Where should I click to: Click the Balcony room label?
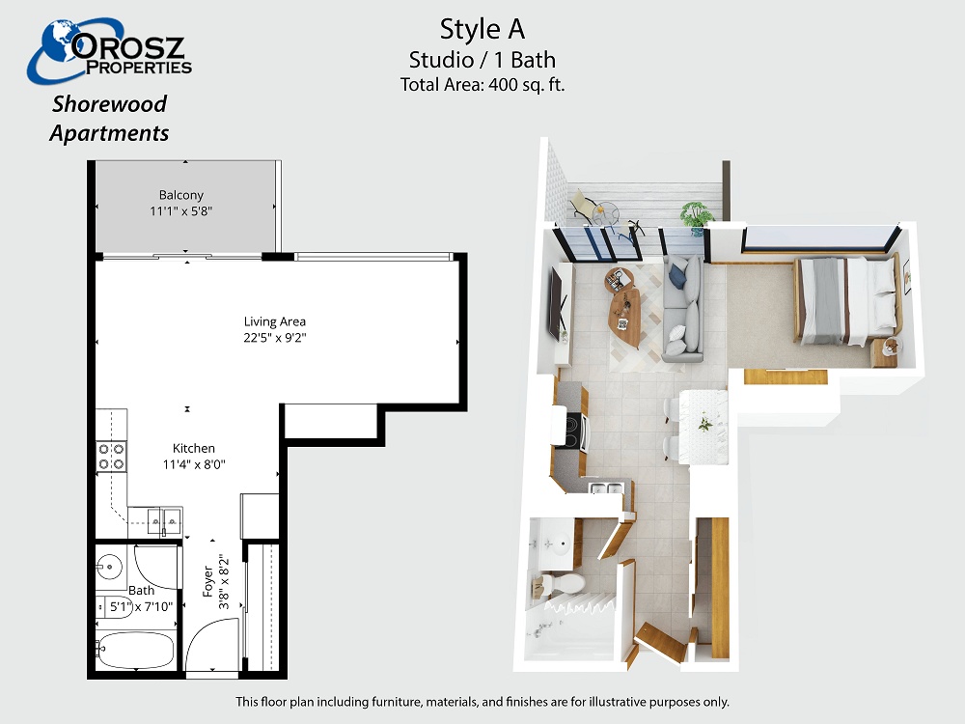click(181, 195)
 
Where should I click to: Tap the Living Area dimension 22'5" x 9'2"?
click(274, 337)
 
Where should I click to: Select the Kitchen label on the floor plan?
click(194, 448)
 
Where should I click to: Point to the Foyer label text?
click(208, 582)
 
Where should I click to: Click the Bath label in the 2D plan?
click(142, 591)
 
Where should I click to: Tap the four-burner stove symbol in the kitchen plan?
click(111, 457)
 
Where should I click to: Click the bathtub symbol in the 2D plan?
click(136, 650)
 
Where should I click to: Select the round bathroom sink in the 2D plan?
click(110, 564)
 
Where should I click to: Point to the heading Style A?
click(482, 29)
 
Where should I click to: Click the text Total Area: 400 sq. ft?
click(482, 84)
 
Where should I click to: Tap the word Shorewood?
click(109, 104)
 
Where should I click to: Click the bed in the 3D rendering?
click(847, 299)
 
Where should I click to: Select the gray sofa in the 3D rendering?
click(682, 309)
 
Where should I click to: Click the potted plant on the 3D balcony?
click(698, 216)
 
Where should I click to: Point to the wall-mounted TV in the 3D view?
click(558, 301)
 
